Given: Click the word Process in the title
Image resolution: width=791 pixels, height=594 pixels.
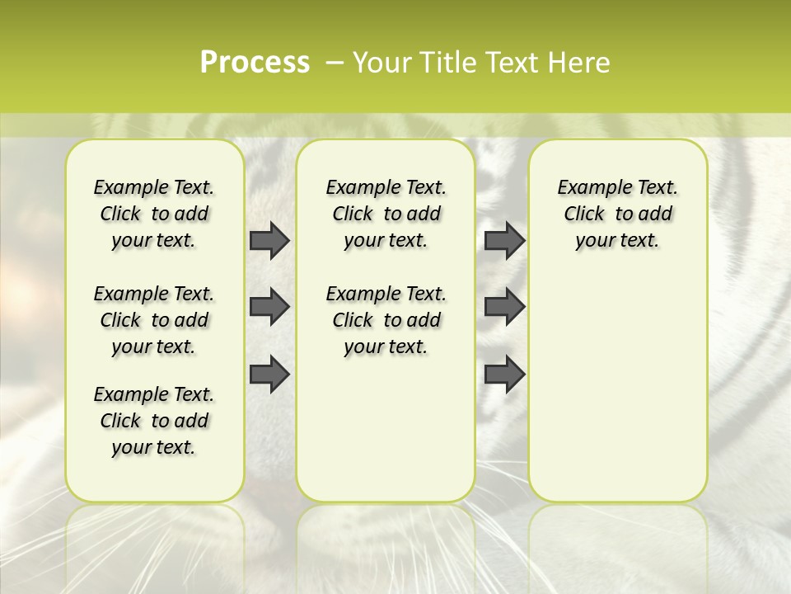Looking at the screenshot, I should (255, 63).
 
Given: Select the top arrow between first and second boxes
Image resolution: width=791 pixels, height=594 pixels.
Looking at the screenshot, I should (269, 241).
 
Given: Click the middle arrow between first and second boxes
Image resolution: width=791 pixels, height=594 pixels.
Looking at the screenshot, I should (269, 308).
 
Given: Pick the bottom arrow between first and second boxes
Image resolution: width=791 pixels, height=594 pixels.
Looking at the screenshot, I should (269, 374).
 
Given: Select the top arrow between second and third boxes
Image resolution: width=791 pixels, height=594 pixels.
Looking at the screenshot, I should (504, 241).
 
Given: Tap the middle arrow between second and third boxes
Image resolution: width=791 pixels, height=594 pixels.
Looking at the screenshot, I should (504, 308).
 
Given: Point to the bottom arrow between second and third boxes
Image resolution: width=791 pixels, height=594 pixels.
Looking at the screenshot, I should (504, 374).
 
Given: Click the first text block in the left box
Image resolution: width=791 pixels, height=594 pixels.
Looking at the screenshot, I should (154, 214).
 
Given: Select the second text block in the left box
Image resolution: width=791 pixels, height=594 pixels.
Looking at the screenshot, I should (154, 320).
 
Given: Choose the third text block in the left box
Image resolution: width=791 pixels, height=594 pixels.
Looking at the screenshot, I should (154, 421).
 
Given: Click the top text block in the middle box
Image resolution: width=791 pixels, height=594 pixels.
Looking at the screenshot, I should (386, 214).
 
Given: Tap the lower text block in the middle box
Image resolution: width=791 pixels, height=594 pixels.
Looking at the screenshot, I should (386, 320).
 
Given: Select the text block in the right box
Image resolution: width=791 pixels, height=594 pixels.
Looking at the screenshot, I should (618, 214).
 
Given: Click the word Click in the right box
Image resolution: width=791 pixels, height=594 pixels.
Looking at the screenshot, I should (584, 214).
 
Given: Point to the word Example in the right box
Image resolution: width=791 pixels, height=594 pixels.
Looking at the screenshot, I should (588, 187).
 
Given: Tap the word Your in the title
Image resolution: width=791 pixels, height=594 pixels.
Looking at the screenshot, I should (381, 63).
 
